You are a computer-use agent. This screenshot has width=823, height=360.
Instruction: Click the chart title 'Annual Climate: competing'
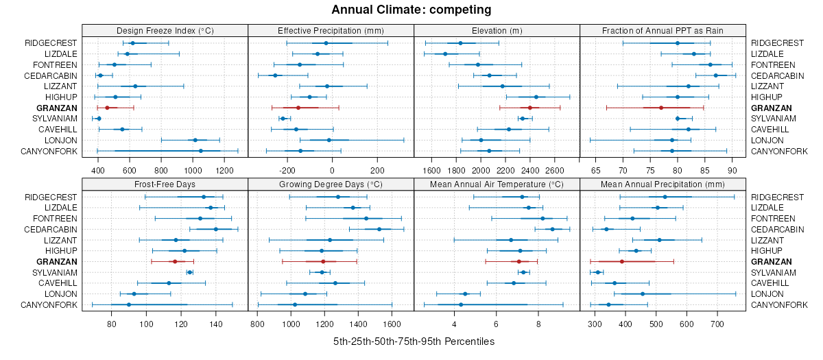point(411,10)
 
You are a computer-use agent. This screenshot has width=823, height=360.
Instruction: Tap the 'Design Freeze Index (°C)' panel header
point(165,30)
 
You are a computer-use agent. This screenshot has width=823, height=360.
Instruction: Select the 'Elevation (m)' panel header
point(497,30)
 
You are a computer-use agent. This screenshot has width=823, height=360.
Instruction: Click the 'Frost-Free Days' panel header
point(165,184)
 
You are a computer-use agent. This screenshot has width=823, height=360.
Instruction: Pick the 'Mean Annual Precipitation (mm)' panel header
point(663,184)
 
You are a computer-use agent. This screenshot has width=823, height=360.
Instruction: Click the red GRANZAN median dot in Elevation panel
point(530,108)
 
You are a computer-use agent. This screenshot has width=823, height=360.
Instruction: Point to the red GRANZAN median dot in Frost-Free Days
point(175,262)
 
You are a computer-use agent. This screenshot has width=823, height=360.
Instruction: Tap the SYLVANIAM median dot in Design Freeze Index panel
point(99,119)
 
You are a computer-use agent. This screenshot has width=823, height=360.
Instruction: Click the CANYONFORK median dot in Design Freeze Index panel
point(201,151)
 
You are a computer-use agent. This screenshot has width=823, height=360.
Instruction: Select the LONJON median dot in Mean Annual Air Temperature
point(465,294)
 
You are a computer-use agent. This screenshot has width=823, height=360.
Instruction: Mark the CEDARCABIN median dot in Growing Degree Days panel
point(379,229)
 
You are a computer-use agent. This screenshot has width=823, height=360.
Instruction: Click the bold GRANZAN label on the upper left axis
point(58,108)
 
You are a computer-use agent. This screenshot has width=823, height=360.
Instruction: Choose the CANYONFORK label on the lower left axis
point(49,305)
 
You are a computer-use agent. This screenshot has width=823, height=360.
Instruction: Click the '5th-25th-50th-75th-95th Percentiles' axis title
point(414,341)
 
